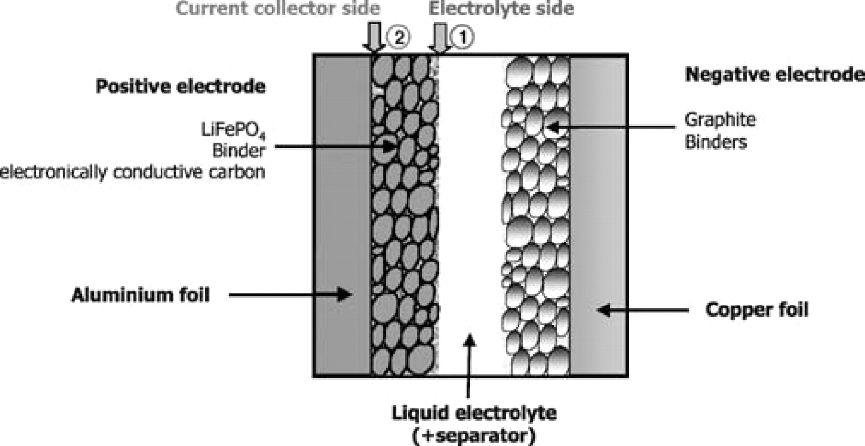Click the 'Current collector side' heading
point(278,9)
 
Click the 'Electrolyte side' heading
point(501,9)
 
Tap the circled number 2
point(399,37)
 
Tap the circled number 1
point(463,37)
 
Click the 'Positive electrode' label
point(180,87)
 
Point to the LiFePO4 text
point(234,130)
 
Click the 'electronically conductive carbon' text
point(132,172)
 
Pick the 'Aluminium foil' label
point(140,294)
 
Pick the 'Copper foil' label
point(757,309)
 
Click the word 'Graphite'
point(720,119)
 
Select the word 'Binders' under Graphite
point(716,142)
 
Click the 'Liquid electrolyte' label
point(474,413)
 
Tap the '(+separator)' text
point(474,436)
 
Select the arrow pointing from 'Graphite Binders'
point(610,127)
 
